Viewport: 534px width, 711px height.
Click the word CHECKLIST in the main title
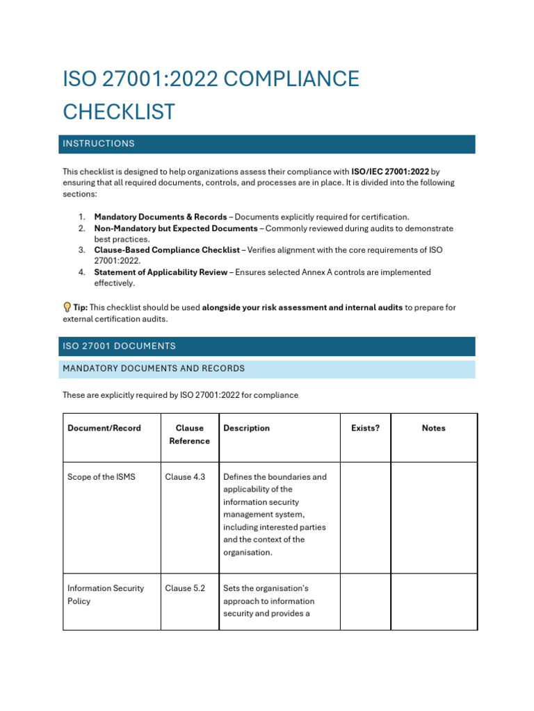click(119, 112)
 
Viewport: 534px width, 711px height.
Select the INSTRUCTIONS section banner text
click(99, 144)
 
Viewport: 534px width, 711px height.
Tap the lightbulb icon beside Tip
click(67, 307)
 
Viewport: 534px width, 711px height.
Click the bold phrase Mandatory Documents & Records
click(161, 217)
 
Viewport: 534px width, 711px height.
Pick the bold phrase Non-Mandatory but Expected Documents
click(176, 228)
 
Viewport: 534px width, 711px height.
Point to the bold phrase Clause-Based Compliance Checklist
click(167, 249)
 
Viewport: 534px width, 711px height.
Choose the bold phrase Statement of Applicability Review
click(161, 272)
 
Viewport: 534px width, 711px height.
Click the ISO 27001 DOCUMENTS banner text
click(119, 346)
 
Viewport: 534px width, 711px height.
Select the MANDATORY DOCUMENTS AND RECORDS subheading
click(154, 369)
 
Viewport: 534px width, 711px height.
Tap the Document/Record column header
click(104, 428)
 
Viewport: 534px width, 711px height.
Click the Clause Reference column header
click(189, 435)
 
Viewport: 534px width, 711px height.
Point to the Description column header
click(246, 428)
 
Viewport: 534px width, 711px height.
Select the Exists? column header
click(365, 428)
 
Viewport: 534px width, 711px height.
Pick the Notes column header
click(433, 428)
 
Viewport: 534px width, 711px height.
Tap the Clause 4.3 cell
click(185, 477)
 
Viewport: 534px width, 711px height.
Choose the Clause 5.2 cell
click(185, 588)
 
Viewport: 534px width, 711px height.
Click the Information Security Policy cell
click(106, 594)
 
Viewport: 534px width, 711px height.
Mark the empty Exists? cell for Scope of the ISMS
click(365, 517)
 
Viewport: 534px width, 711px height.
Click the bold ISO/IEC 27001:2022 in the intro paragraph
click(390, 171)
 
